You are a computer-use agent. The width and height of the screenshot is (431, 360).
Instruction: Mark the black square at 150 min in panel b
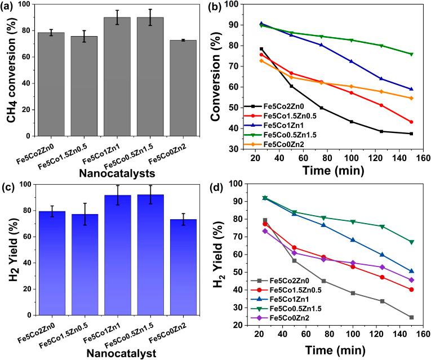411,134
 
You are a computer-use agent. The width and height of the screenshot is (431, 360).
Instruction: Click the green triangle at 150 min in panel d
411,242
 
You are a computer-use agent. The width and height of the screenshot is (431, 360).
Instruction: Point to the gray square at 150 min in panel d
411,318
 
